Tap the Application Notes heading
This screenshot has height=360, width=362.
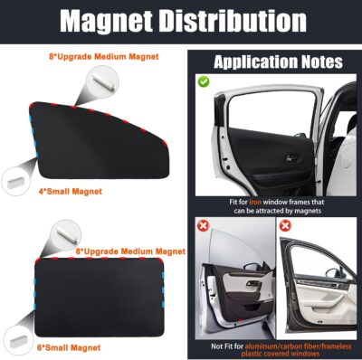[x=277, y=62]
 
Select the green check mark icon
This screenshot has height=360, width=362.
[x=205, y=82]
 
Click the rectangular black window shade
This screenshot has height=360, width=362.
[x=95, y=298]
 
